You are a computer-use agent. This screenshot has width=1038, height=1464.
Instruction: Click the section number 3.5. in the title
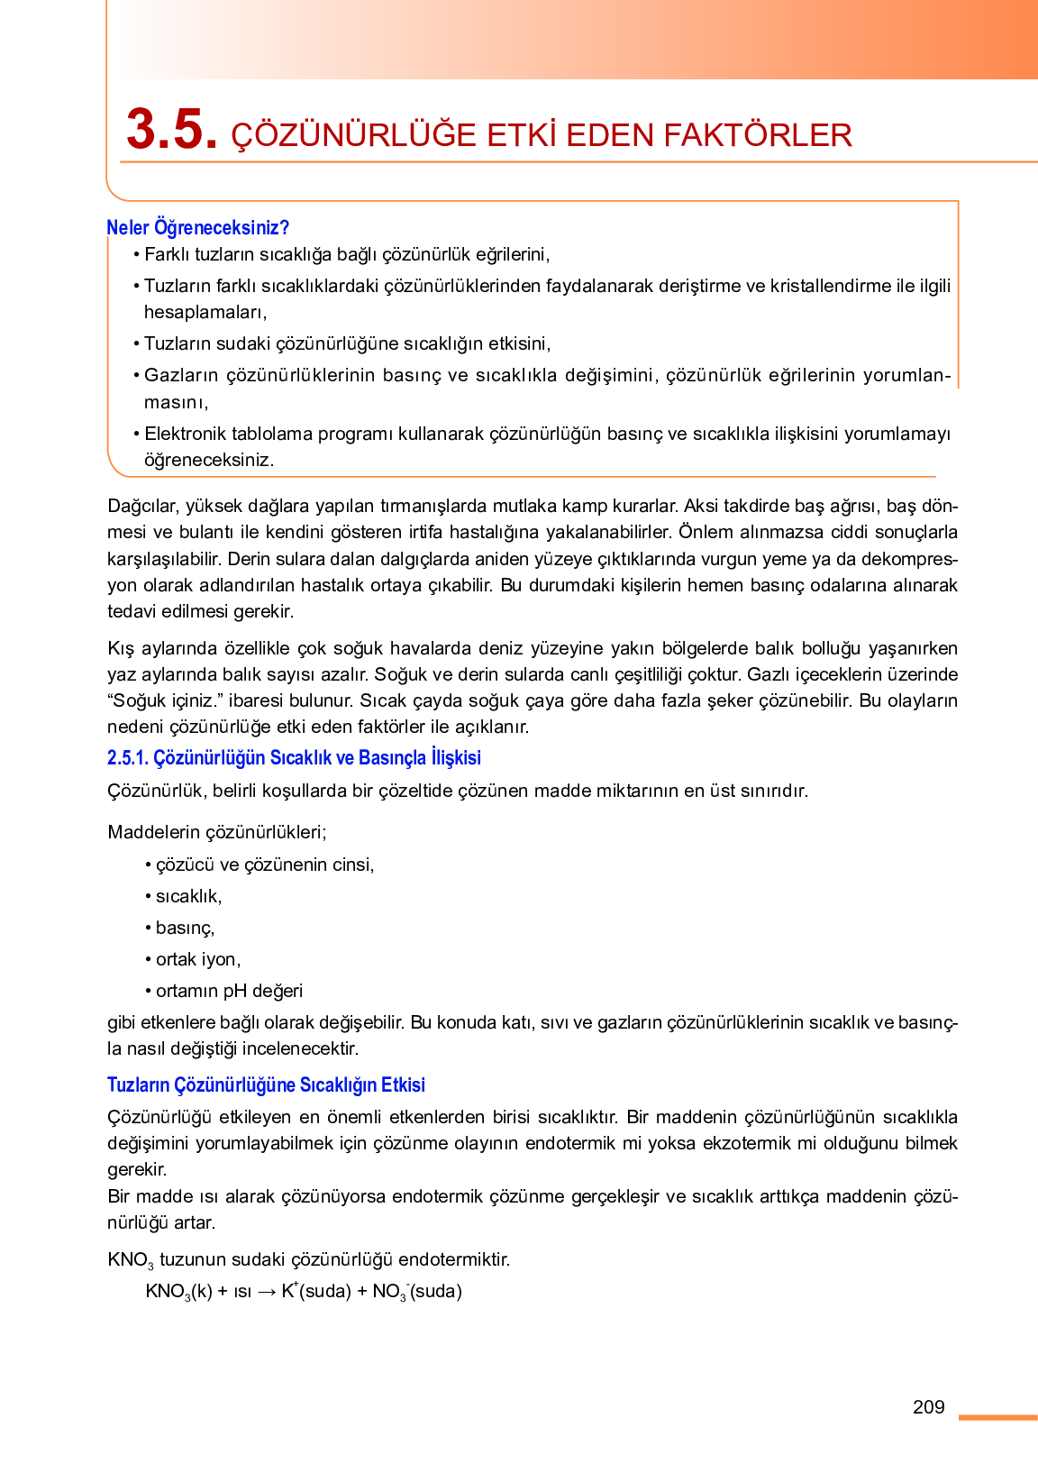pos(171,131)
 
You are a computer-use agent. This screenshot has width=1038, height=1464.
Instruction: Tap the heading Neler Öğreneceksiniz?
pos(197,227)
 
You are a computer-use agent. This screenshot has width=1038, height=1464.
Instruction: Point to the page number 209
pos(928,1407)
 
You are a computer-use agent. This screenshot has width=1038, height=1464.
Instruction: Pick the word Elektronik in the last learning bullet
pos(185,434)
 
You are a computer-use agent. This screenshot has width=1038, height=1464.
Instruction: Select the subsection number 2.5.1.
pos(127,758)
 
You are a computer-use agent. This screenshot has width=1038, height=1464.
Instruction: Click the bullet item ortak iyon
pos(197,959)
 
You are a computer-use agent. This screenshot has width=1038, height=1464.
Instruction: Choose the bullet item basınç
pos(185,928)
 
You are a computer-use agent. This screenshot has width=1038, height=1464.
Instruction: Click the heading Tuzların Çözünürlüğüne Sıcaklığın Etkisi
pos(266,1084)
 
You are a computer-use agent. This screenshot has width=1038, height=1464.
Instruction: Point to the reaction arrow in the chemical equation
pos(267,1292)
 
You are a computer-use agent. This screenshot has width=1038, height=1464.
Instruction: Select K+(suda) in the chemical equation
pos(315,1291)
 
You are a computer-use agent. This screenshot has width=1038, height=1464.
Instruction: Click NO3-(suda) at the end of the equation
pos(416,1292)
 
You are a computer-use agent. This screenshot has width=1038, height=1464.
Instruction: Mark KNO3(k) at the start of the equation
pos(178,1292)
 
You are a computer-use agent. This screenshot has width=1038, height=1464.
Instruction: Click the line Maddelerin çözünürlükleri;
pos(217,832)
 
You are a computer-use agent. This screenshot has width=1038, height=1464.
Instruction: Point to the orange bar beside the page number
pos(997,1418)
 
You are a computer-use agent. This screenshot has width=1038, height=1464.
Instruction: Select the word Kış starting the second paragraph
pos(120,648)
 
